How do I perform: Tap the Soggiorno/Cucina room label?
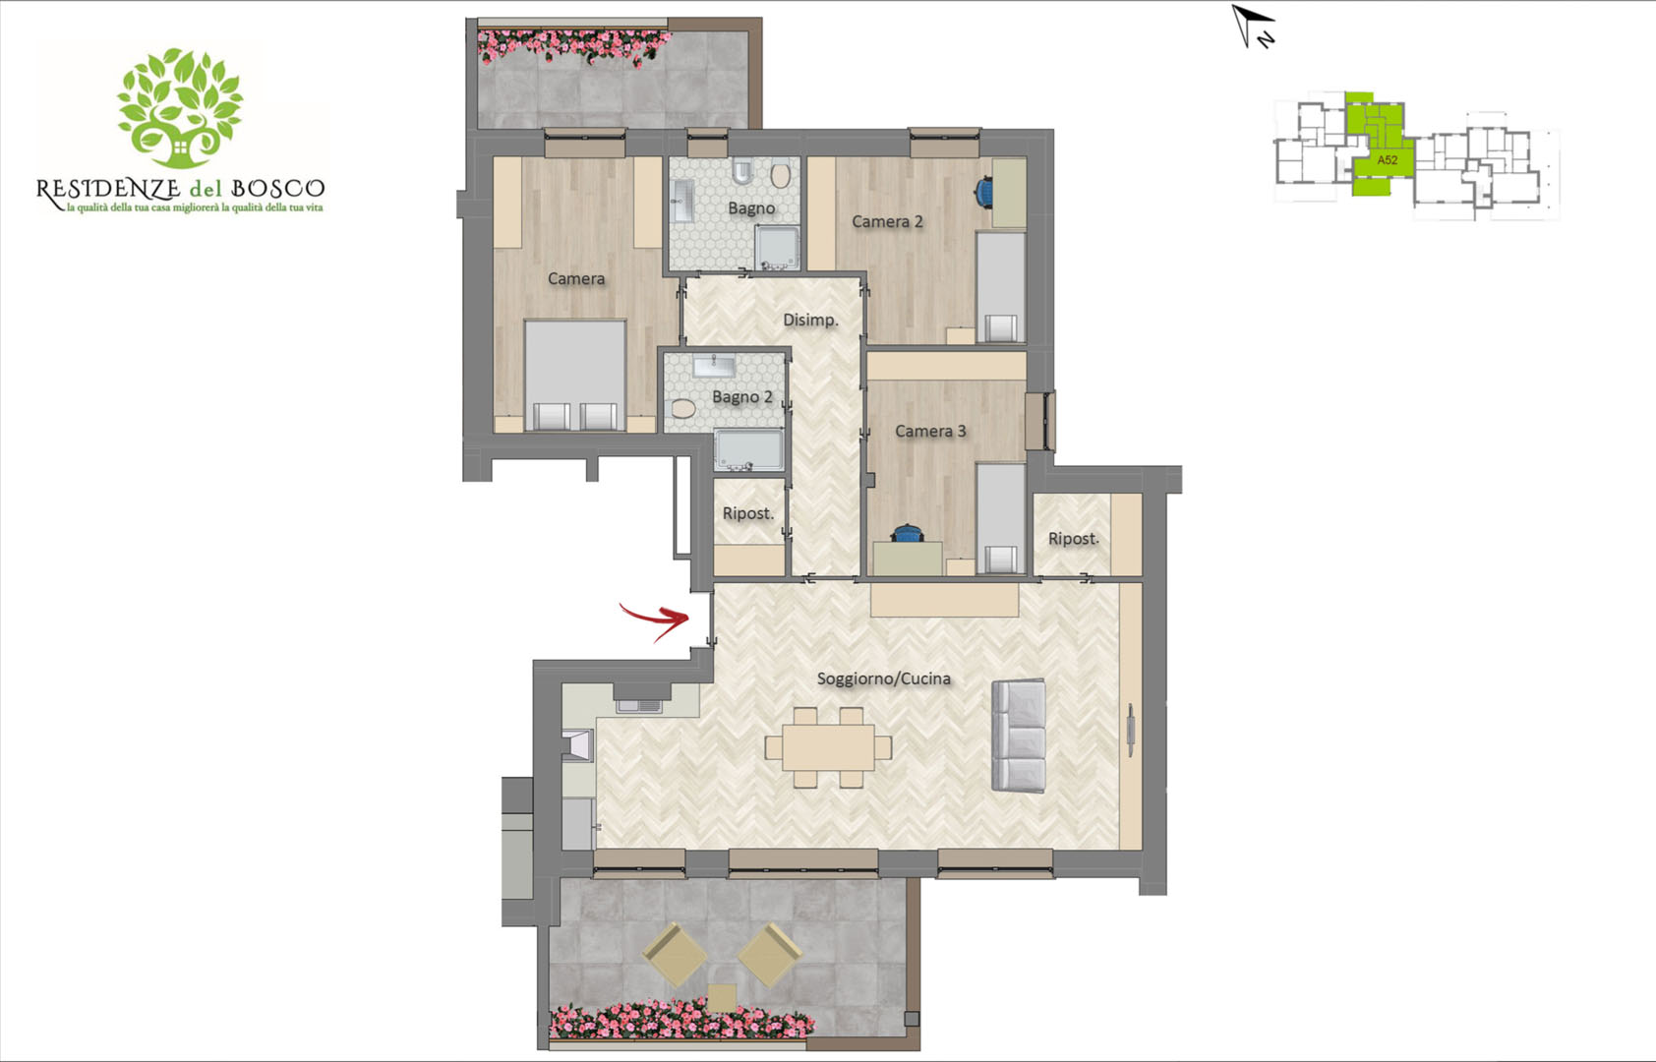(883, 678)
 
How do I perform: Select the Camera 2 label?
(887, 221)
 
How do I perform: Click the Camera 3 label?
(930, 431)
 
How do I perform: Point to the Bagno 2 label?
(741, 397)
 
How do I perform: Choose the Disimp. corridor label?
(810, 320)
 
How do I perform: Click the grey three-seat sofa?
(1018, 737)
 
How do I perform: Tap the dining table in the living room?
(829, 747)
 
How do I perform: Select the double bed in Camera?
(575, 375)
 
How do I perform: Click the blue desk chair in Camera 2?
(984, 192)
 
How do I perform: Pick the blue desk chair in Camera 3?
(906, 533)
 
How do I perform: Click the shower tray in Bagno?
(776, 248)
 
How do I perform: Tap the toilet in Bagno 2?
(682, 409)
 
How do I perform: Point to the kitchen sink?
(639, 706)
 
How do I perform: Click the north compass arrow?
(1252, 27)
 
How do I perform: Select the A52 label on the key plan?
(1387, 159)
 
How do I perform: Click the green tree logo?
(180, 108)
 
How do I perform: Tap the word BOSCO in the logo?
(278, 188)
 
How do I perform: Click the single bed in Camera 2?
(1000, 287)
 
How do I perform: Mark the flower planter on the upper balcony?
(574, 46)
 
